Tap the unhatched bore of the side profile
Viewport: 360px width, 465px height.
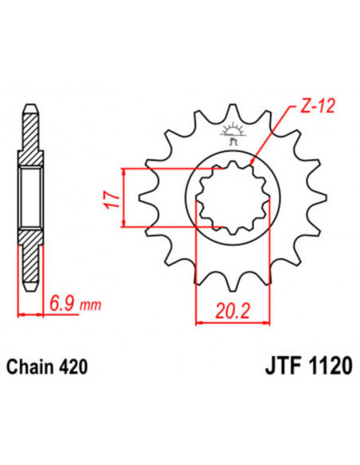(x=30, y=198)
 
